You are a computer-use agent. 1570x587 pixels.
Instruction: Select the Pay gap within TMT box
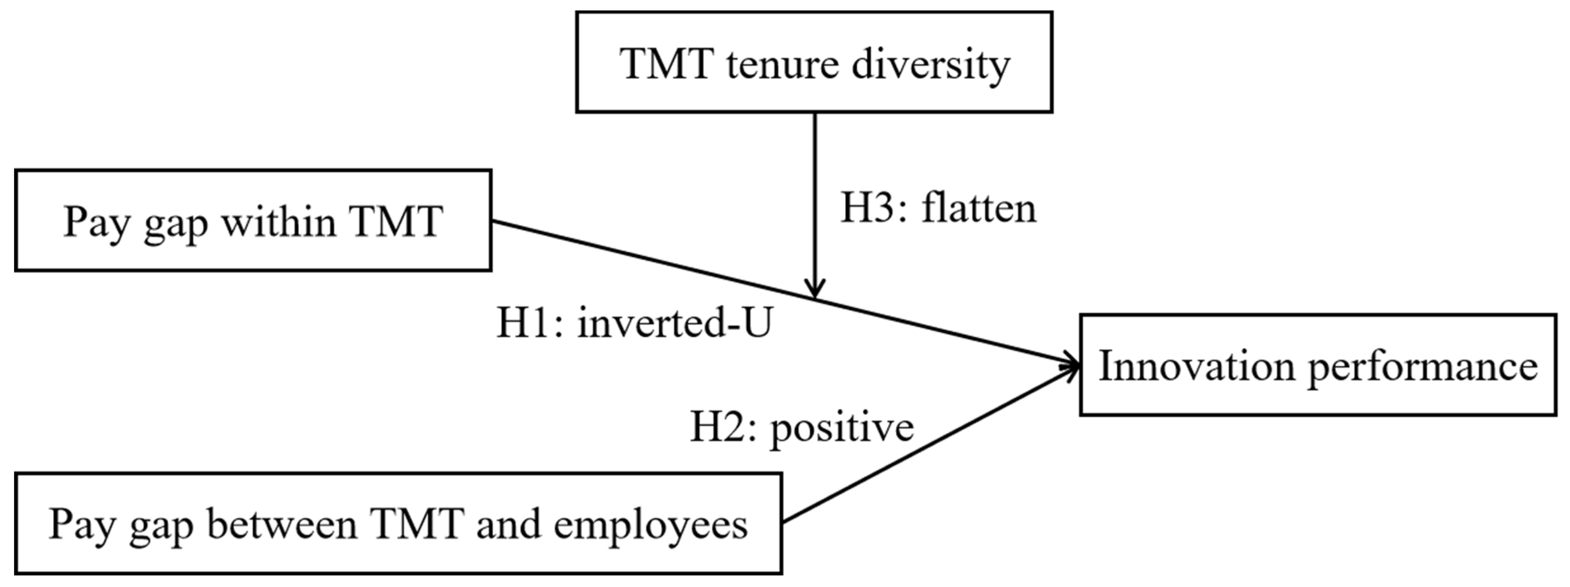pyautogui.click(x=253, y=220)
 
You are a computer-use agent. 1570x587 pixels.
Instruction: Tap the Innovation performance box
pyautogui.click(x=1318, y=365)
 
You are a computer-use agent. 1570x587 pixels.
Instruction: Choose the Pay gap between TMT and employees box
pyautogui.click(x=398, y=524)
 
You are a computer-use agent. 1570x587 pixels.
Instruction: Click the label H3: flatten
pyautogui.click(x=938, y=208)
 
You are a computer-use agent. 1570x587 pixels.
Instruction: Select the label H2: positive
pyautogui.click(x=801, y=428)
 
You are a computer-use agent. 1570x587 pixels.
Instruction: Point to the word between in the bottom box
pyautogui.click(x=281, y=524)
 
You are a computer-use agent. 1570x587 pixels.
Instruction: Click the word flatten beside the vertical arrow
pyautogui.click(x=978, y=208)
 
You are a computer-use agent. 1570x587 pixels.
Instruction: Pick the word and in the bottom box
pyautogui.click(x=508, y=524)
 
